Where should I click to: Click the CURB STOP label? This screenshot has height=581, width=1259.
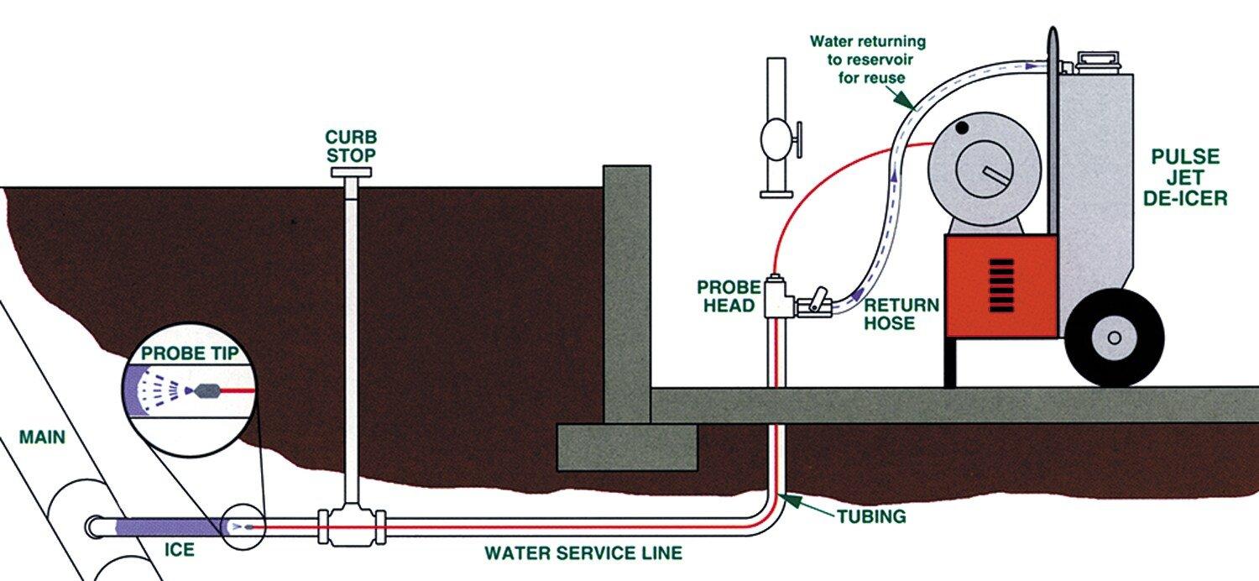pos(352,146)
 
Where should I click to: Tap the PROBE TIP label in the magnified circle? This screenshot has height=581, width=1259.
pos(190,353)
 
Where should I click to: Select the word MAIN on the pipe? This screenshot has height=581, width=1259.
pos(42,437)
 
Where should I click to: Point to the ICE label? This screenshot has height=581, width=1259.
pos(180,549)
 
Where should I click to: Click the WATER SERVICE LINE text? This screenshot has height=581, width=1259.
pos(583,553)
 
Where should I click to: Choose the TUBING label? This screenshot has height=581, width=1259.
pos(872,516)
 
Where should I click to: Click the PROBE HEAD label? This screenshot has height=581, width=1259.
pos(729,296)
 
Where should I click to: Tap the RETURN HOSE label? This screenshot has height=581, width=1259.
pos(901,314)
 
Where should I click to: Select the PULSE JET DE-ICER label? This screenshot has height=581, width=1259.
pos(1185,177)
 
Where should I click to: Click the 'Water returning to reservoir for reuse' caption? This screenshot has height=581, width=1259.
pos(868,60)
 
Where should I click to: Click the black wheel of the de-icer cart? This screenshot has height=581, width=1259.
pos(1114,338)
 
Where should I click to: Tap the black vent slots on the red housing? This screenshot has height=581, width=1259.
pos(1001,285)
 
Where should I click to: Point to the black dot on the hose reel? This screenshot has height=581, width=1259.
pos(962,128)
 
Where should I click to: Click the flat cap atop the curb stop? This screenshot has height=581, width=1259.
pos(352,172)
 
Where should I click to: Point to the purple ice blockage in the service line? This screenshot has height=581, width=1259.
pos(170,527)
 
